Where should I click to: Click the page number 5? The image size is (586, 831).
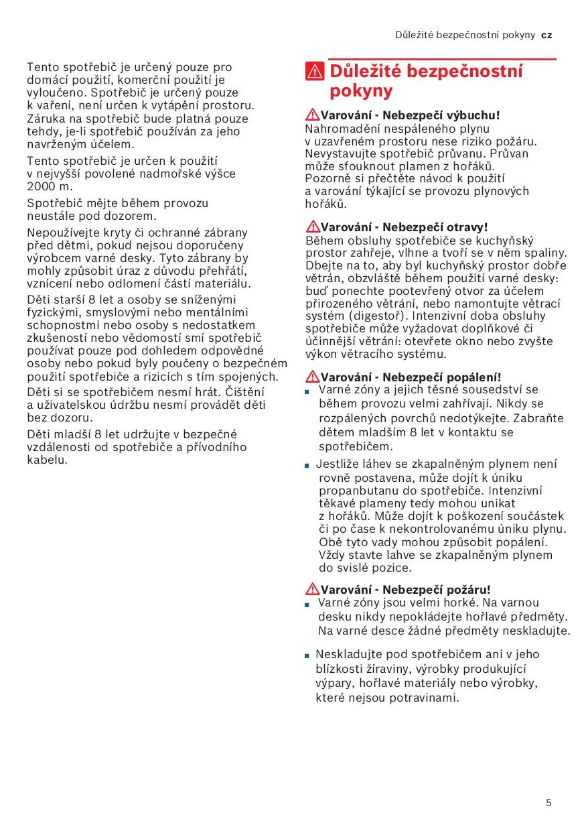tap(548, 803)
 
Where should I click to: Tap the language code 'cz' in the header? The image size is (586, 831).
tap(546, 35)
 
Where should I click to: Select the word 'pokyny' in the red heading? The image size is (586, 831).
tap(361, 91)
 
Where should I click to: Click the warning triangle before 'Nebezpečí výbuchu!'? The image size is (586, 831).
tap(312, 115)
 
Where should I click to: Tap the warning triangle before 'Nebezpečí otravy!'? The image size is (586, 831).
tap(312, 227)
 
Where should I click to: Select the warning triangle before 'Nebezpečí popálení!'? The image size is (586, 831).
tap(312, 377)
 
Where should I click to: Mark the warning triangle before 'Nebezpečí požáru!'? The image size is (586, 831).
tap(312, 590)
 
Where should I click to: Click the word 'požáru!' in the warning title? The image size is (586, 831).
tap(468, 590)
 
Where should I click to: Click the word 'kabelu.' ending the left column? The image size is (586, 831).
tap(48, 460)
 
